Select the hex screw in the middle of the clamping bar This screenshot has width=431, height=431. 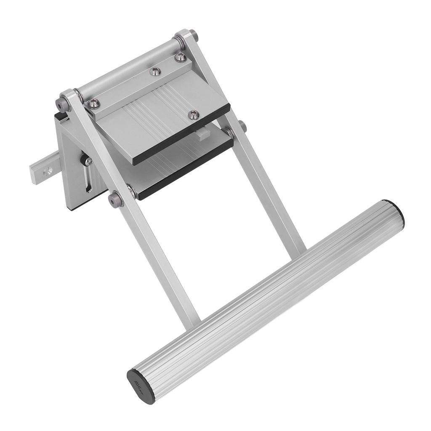[156, 72]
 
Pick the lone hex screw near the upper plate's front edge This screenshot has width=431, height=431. [193, 114]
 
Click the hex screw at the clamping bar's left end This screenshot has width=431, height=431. [93, 103]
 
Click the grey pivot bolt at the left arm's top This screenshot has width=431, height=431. [64, 103]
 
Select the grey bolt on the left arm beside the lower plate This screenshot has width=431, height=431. [115, 199]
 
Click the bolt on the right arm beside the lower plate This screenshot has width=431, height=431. [242, 125]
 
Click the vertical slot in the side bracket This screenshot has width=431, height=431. [88, 179]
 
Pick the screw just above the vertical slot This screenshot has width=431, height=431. [88, 161]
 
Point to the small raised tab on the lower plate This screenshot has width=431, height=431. [202, 135]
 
